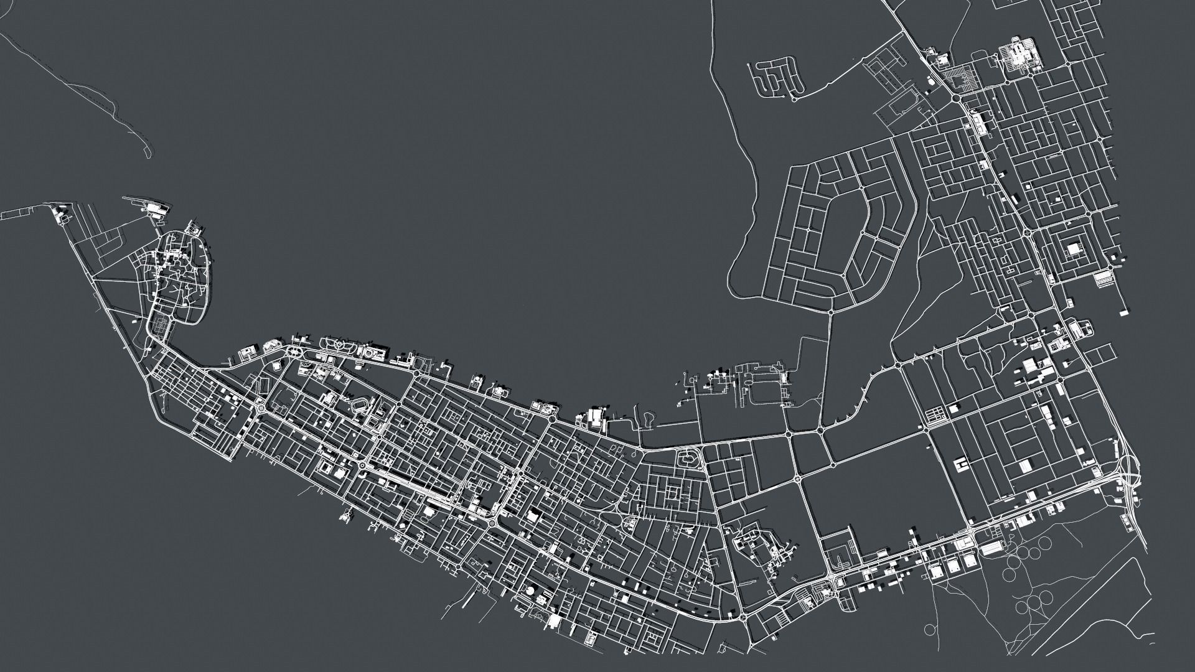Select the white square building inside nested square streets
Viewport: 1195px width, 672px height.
(x=1074, y=250)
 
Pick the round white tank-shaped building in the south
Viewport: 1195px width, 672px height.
(x=530, y=590)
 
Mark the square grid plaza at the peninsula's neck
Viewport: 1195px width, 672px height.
(x=163, y=323)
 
